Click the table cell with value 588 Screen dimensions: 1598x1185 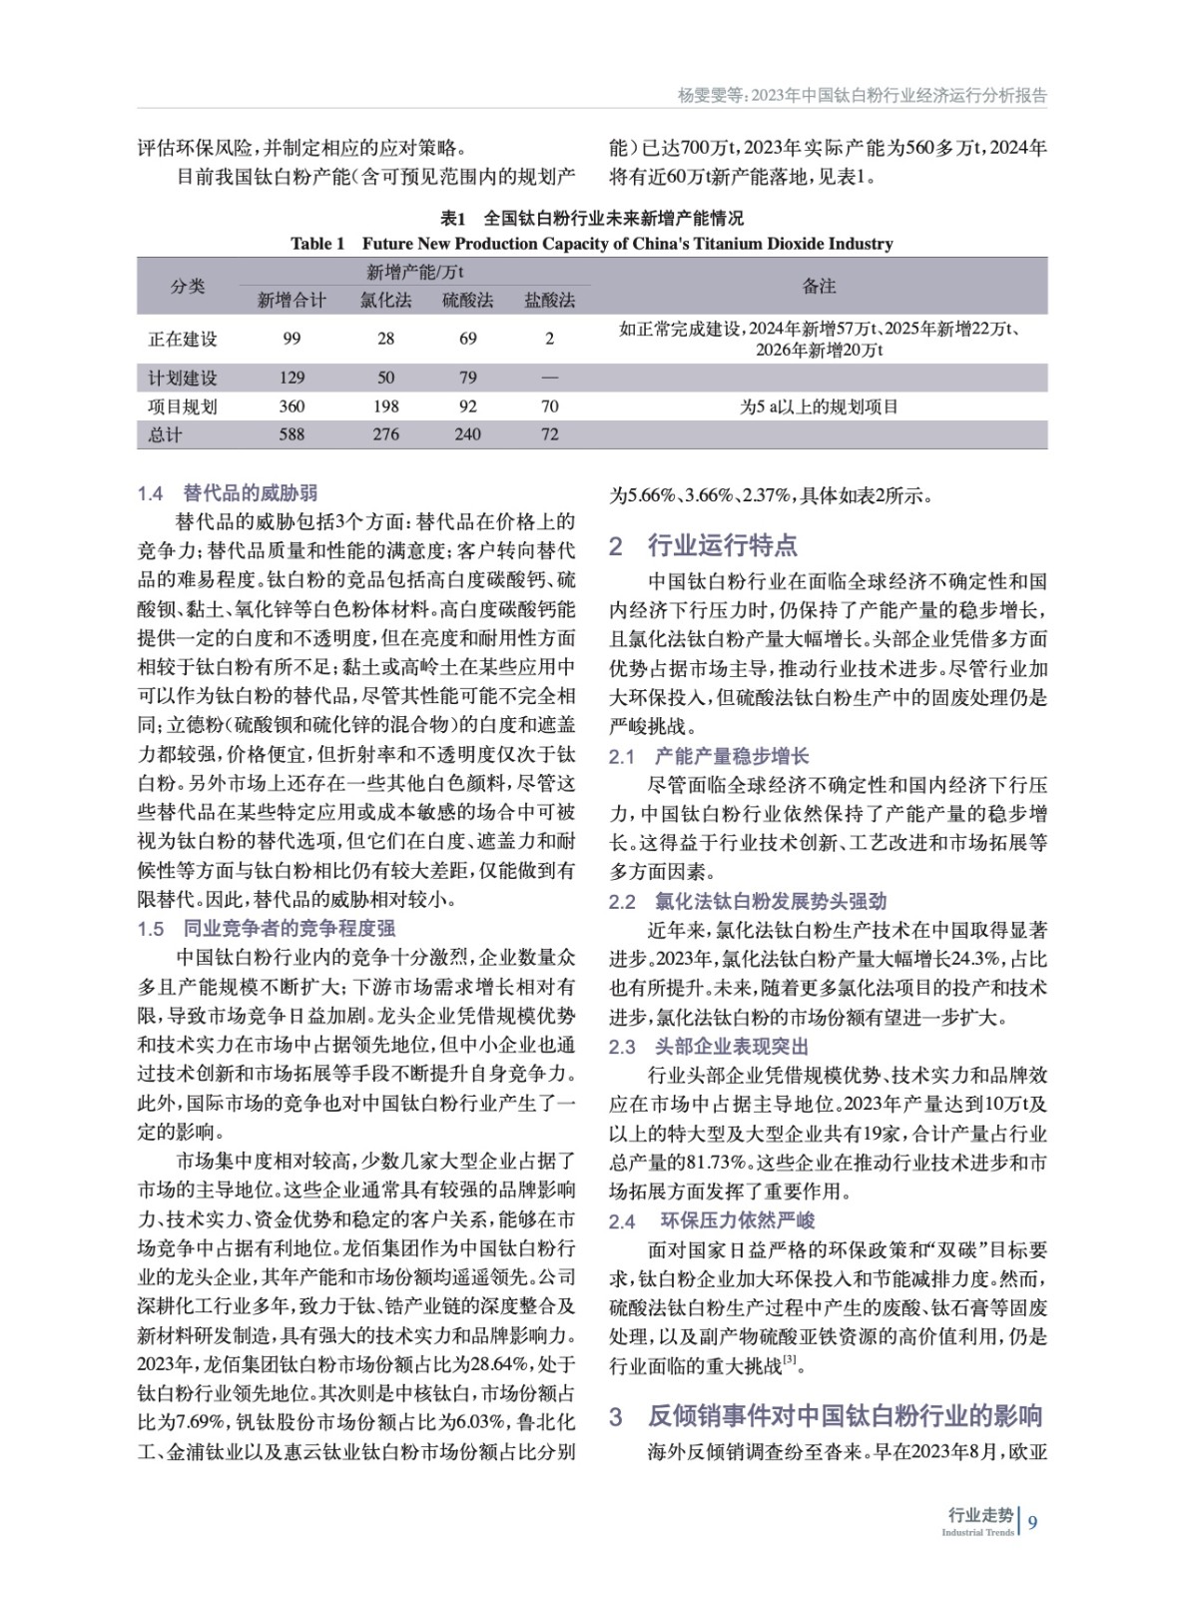pyautogui.click(x=292, y=434)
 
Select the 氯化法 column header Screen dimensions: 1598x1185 pyautogui.click(x=385, y=300)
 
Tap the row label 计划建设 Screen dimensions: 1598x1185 pyautogui.click(x=183, y=378)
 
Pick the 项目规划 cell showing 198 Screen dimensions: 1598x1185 pyautogui.click(x=385, y=406)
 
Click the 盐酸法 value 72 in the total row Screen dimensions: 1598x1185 pyautogui.click(x=549, y=434)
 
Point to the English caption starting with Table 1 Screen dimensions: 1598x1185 pyautogui.click(x=591, y=244)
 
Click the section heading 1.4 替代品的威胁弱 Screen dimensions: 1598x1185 pyautogui.click(x=228, y=492)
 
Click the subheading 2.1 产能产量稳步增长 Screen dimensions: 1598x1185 pyautogui.click(x=709, y=756)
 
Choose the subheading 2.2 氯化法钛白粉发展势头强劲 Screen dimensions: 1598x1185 pyautogui.click(x=748, y=901)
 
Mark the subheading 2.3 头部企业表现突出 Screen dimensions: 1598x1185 pyautogui.click(x=709, y=1047)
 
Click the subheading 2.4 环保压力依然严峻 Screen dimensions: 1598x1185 pyautogui.click(x=712, y=1220)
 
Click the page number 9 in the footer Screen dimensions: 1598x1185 pyautogui.click(x=1033, y=1522)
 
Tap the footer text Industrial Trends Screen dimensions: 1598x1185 pyautogui.click(x=977, y=1532)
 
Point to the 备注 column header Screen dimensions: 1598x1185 pyautogui.click(x=819, y=286)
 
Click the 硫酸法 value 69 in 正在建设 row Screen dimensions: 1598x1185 pyautogui.click(x=467, y=339)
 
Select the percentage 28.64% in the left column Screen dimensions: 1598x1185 pyautogui.click(x=494, y=1365)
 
